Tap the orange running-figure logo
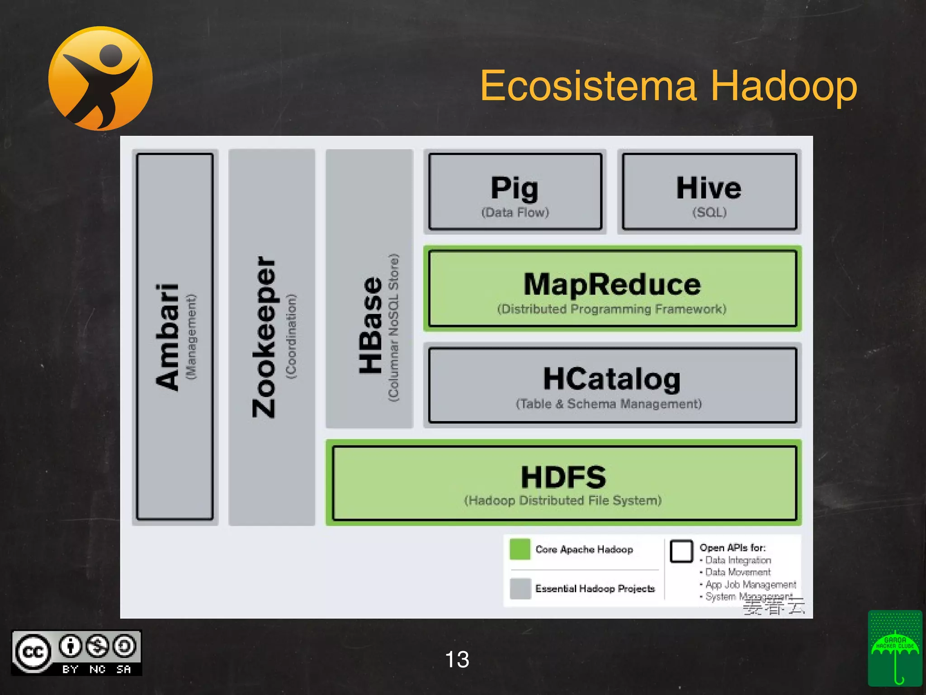(x=100, y=78)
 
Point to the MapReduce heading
(x=612, y=284)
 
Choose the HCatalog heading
(x=612, y=379)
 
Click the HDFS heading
(x=563, y=477)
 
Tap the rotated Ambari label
(x=167, y=337)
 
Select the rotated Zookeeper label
(x=264, y=337)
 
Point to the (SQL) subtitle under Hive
(x=709, y=212)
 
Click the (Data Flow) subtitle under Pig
(x=515, y=212)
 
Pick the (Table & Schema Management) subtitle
(x=609, y=404)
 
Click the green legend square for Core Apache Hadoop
(x=520, y=549)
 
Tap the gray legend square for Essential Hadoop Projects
(x=520, y=588)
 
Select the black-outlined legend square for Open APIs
(x=681, y=551)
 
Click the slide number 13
(x=457, y=659)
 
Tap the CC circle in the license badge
(x=33, y=652)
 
